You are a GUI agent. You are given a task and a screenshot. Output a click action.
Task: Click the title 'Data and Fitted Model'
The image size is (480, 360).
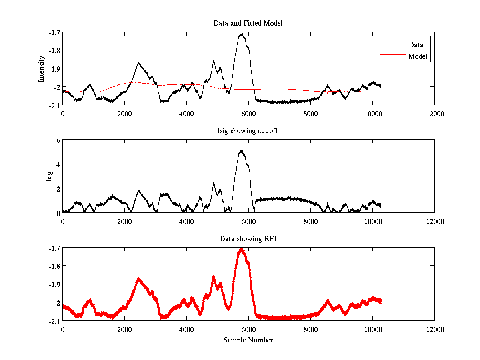pyautogui.click(x=248, y=23)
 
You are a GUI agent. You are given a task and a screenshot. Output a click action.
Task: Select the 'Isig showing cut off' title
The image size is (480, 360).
pyautogui.click(x=248, y=131)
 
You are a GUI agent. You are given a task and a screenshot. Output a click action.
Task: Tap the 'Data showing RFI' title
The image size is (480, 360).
pyautogui.click(x=248, y=239)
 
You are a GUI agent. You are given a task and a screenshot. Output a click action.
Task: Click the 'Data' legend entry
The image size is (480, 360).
pyautogui.click(x=416, y=45)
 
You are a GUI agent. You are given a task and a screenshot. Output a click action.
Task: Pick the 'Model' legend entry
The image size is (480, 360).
pyautogui.click(x=418, y=56)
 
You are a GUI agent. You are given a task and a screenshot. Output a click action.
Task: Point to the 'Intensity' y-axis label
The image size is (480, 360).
pyautogui.click(x=42, y=68)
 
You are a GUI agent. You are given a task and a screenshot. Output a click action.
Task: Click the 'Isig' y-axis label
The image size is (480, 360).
pyautogui.click(x=49, y=176)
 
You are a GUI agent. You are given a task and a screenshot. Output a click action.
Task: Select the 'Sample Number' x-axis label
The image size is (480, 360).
pyautogui.click(x=248, y=340)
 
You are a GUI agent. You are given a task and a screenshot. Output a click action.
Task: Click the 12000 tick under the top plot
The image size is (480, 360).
pyautogui.click(x=434, y=114)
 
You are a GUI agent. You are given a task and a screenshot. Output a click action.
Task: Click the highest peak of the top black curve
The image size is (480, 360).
pyautogui.click(x=242, y=34)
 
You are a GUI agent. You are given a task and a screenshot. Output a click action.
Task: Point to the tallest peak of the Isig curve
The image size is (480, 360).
pyautogui.click(x=241, y=151)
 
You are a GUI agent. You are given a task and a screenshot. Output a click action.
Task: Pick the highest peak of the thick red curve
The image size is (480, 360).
pyautogui.click(x=242, y=250)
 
